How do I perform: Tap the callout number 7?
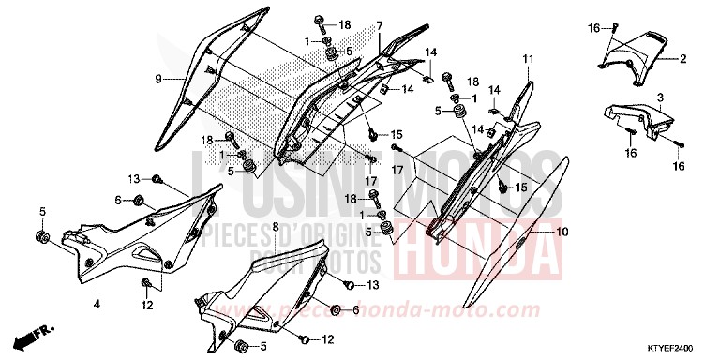tap(380, 25)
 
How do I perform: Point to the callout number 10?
tap(562, 230)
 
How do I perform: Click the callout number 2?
tap(683, 58)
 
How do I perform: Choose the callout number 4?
tap(96, 306)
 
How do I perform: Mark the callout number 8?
tap(275, 228)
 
